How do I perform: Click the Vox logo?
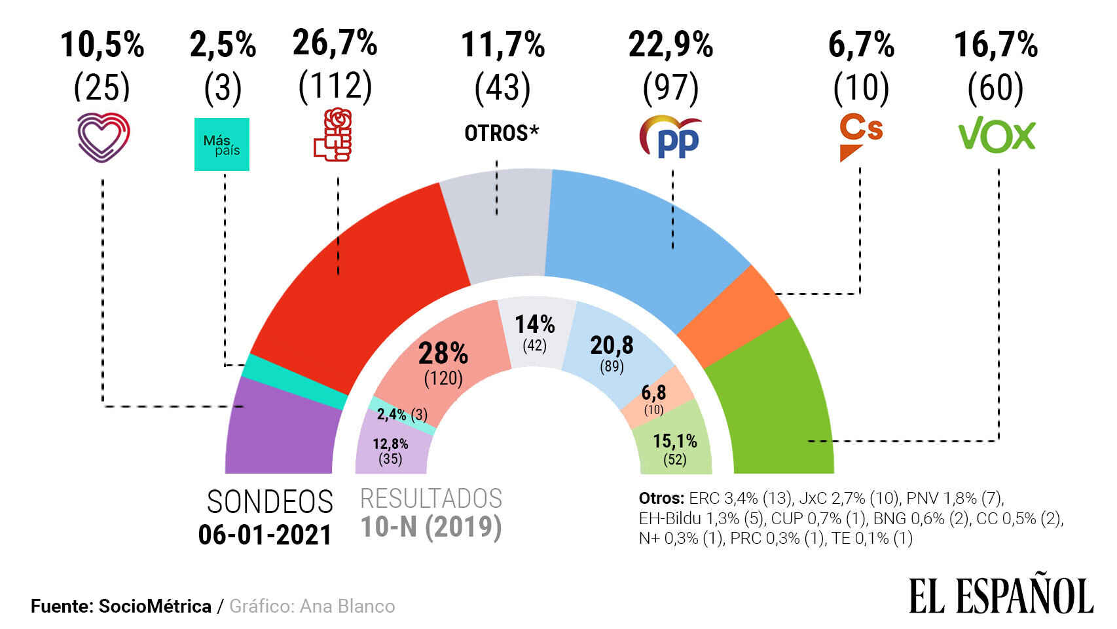pyautogui.click(x=997, y=136)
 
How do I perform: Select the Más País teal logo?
pyautogui.click(x=222, y=145)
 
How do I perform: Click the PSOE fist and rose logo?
pyautogui.click(x=333, y=135)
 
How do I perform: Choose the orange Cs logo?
pyautogui.click(x=860, y=136)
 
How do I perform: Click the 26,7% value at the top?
pyautogui.click(x=335, y=43)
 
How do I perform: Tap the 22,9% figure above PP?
pyautogui.click(x=670, y=45)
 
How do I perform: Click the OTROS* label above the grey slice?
pyautogui.click(x=502, y=133)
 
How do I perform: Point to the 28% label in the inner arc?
pyautogui.click(x=443, y=354)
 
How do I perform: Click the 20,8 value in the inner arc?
pyautogui.click(x=612, y=345)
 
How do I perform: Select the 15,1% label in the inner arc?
pyautogui.click(x=674, y=441)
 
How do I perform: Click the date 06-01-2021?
pyautogui.click(x=265, y=535)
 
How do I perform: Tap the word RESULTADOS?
pyautogui.click(x=431, y=499)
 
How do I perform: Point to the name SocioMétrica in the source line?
pyautogui.click(x=155, y=607)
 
